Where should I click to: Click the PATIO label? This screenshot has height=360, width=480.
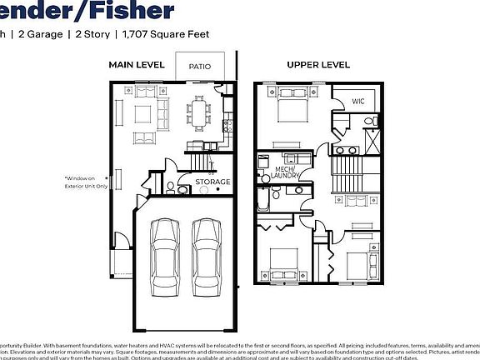point(198,66)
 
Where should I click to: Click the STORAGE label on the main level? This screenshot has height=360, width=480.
point(212,182)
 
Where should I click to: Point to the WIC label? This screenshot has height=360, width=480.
point(358,101)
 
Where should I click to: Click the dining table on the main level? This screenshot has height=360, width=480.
point(199,112)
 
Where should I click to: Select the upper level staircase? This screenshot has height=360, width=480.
point(348,175)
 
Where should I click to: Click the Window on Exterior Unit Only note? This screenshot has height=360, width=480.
point(86,182)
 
